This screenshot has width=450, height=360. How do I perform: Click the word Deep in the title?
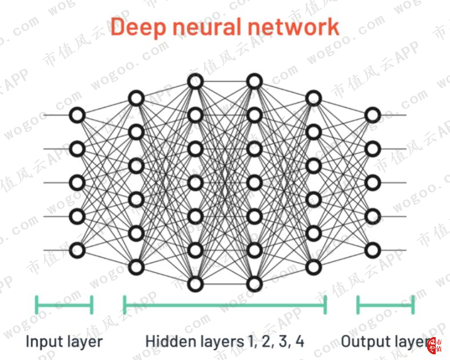tap(138, 27)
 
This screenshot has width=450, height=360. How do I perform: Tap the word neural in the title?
tap(208, 27)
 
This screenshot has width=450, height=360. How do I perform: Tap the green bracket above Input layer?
tap(64, 305)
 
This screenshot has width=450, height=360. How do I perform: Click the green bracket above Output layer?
tap(386, 305)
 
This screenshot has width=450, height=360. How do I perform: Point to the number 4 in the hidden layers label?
tap(300, 341)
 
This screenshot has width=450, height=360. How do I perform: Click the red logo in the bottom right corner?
tap(435, 346)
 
